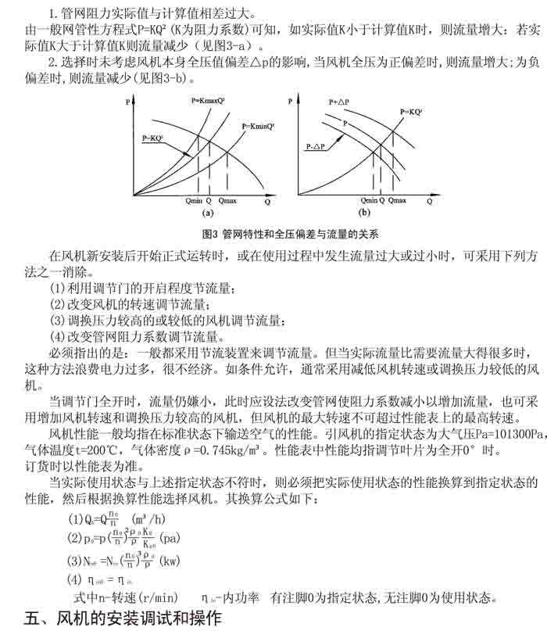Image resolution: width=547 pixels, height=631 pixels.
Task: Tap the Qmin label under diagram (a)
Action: click(x=195, y=201)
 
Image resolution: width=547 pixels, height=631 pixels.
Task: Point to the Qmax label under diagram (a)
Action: click(x=228, y=201)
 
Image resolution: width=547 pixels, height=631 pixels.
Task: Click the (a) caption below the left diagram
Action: click(x=208, y=212)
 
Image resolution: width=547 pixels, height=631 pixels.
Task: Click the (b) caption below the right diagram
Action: click(x=364, y=212)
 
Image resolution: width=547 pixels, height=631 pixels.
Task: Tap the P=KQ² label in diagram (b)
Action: click(x=411, y=113)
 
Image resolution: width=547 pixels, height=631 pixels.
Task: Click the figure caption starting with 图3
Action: click(x=289, y=234)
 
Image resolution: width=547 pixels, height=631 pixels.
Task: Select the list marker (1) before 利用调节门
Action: click(x=59, y=289)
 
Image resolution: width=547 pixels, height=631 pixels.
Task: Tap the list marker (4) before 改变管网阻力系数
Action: click(x=59, y=337)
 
